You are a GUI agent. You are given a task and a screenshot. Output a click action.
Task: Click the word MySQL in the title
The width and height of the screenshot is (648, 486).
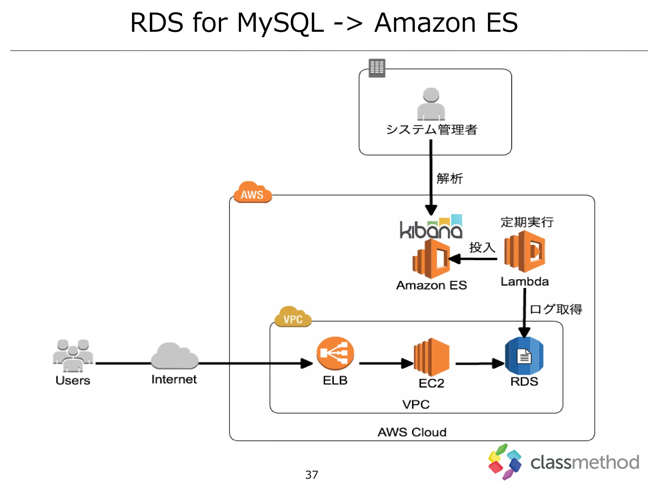coord(280,23)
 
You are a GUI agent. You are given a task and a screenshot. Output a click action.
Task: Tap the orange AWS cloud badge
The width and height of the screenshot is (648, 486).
coord(252,193)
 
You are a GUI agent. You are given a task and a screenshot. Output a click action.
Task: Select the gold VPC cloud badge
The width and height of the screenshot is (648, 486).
coord(293,317)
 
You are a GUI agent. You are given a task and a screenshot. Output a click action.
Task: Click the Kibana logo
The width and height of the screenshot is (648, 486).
coord(431,227)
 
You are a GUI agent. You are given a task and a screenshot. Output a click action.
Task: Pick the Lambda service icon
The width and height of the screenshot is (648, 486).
coord(525,252)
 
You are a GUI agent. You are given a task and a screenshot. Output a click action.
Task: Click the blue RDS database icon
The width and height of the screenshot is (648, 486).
coord(524,356)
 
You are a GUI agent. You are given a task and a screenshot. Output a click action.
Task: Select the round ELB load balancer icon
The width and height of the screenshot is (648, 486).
coord(335,353)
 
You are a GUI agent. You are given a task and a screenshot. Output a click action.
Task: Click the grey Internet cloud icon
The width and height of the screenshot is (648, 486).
coord(174,356)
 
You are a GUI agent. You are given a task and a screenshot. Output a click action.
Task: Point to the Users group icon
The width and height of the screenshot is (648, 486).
coord(73,356)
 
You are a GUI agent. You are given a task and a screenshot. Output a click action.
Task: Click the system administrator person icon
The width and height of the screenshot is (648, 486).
coord(431,104)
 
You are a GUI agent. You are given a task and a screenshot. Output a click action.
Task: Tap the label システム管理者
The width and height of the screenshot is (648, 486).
coord(431,130)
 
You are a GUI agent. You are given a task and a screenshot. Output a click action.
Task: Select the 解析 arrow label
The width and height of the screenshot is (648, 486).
coord(449,179)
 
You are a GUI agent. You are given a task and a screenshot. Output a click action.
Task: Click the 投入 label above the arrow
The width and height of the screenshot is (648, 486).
coord(482,247)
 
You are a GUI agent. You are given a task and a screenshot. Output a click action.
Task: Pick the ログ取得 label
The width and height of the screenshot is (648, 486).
coord(556,309)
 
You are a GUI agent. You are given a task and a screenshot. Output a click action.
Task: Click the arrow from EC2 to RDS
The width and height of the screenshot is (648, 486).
coord(479,364)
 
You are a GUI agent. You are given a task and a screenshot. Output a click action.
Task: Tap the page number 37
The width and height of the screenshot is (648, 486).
coord(312,475)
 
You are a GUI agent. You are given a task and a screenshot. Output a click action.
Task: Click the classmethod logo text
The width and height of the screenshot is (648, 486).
coord(585,462)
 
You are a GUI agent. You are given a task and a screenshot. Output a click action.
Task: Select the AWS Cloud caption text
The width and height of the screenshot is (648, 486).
coord(412,432)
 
